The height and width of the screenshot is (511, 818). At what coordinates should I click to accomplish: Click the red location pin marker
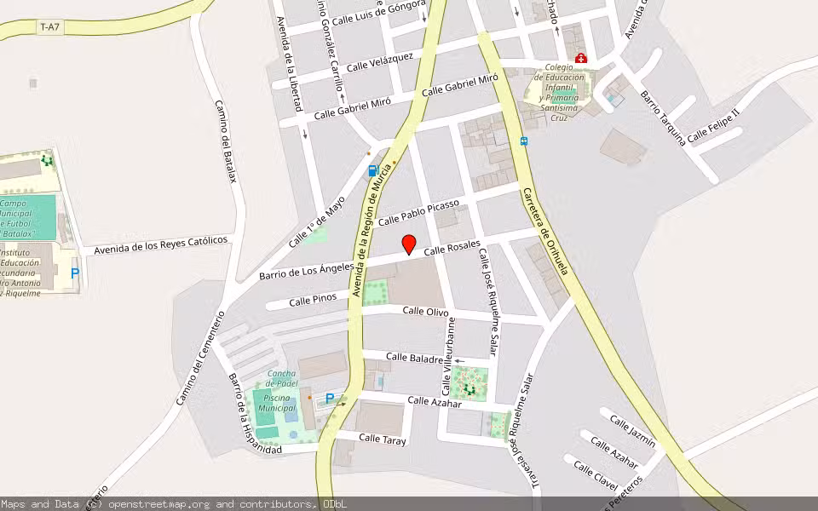(x=409, y=244)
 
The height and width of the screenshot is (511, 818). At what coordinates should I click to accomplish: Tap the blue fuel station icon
(x=372, y=171)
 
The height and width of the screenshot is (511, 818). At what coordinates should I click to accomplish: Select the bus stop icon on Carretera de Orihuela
(x=523, y=141)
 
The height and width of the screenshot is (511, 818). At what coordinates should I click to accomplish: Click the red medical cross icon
(x=581, y=58)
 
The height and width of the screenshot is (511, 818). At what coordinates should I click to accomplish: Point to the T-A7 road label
(x=50, y=27)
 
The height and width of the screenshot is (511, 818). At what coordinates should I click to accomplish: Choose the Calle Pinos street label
(x=312, y=300)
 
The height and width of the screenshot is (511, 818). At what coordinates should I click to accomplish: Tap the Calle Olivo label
(x=425, y=312)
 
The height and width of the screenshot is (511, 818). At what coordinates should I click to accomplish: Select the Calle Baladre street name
(x=414, y=357)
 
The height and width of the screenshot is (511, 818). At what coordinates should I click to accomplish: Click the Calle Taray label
(x=383, y=439)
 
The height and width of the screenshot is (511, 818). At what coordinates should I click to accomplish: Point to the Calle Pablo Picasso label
(x=418, y=213)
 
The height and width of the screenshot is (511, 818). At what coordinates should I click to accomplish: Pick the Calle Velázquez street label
(x=380, y=61)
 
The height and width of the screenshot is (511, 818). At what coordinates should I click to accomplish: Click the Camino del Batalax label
(x=225, y=141)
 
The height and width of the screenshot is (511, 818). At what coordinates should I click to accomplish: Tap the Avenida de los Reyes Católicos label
(x=161, y=245)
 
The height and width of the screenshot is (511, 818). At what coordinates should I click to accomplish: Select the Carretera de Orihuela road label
(x=545, y=230)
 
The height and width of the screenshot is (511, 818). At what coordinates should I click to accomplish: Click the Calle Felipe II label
(x=713, y=125)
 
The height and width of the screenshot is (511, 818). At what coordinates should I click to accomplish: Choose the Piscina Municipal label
(x=277, y=403)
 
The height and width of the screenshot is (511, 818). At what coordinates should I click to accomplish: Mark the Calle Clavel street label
(x=596, y=474)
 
